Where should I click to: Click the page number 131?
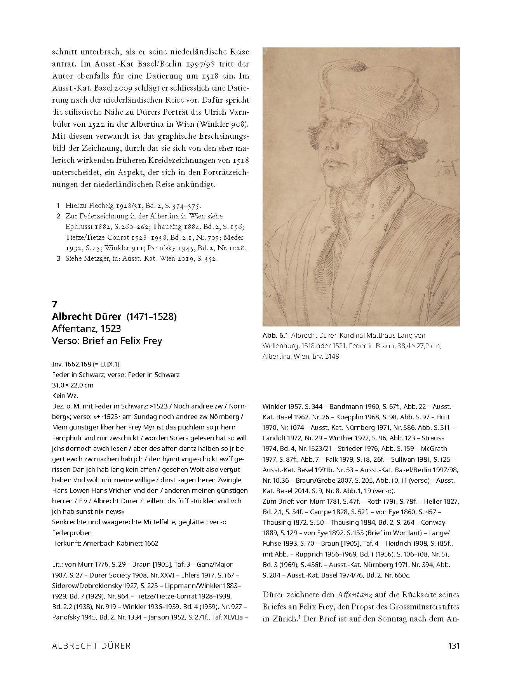(453, 646)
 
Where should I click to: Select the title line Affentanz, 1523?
(87, 329)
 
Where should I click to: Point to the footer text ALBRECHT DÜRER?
(91, 646)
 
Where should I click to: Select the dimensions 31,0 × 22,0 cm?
(72, 385)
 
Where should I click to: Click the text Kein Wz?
(65, 396)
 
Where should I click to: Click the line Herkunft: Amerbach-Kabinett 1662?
(105, 543)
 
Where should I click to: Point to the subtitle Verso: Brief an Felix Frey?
(107, 341)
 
